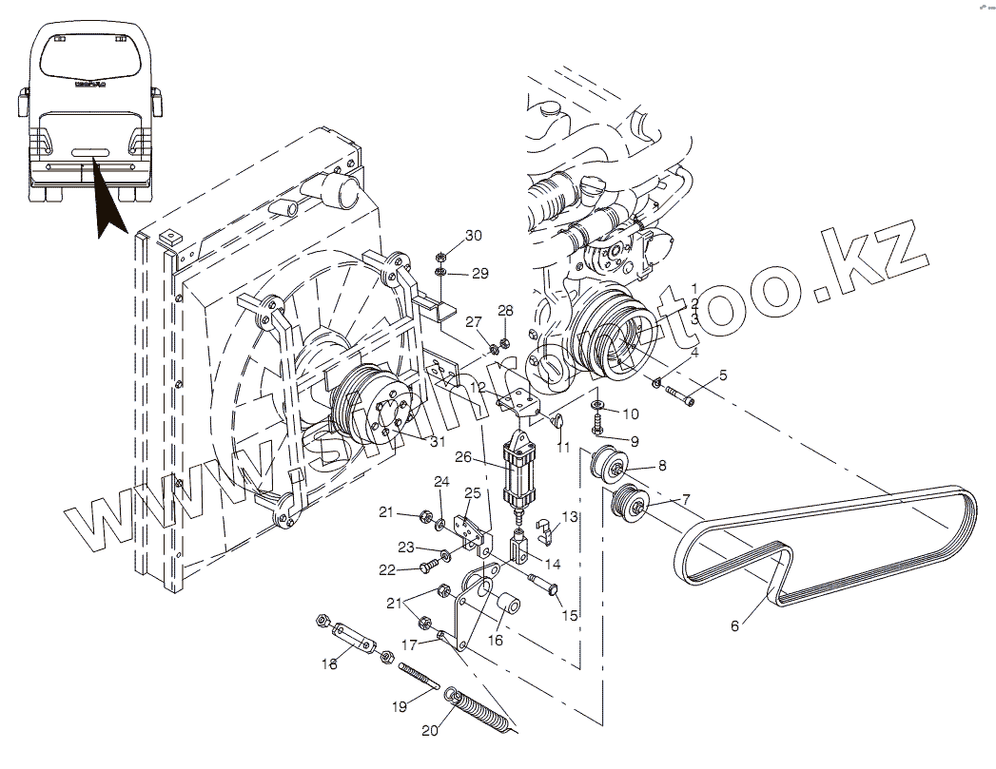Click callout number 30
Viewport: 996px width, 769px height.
click(x=474, y=236)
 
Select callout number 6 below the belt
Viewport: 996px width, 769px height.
click(x=734, y=625)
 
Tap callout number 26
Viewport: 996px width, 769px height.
click(x=463, y=457)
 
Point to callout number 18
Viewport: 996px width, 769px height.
click(x=329, y=664)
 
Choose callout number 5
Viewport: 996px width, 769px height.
click(x=723, y=375)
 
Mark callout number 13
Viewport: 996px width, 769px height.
click(x=570, y=516)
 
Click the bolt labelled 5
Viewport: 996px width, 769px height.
click(x=678, y=391)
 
